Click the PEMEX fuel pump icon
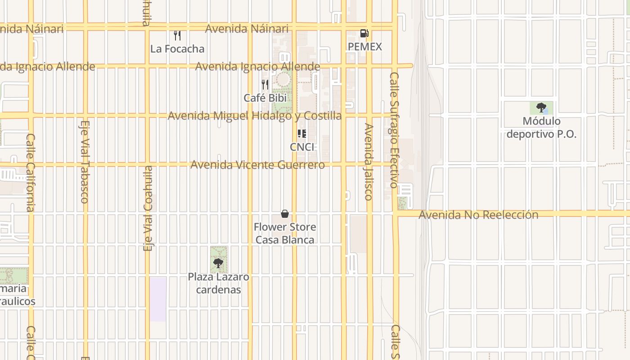pyautogui.click(x=364, y=33)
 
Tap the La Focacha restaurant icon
pyautogui.click(x=177, y=36)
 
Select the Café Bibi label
pyautogui.click(x=265, y=98)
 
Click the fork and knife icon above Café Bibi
pyautogui.click(x=265, y=84)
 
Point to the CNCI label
pyautogui.click(x=302, y=147)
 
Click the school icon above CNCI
pyautogui.click(x=302, y=134)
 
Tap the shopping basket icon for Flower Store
pyautogui.click(x=285, y=213)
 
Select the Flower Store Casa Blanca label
pyautogui.click(x=285, y=233)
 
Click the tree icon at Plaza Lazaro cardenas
pyautogui.click(x=218, y=263)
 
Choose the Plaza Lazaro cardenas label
pyautogui.click(x=218, y=283)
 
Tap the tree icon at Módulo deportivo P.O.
pyautogui.click(x=541, y=108)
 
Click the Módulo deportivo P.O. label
pyautogui.click(x=541, y=127)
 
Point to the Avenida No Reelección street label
pyautogui.click(x=478, y=215)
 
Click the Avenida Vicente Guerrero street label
pyautogui.click(x=257, y=165)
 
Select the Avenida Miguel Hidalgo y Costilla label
pyautogui.click(x=255, y=116)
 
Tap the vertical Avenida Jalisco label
pyautogui.click(x=369, y=162)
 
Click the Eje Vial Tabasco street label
pyautogui.click(x=85, y=162)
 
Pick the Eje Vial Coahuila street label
pyautogui.click(x=148, y=208)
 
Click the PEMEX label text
pyautogui.click(x=365, y=47)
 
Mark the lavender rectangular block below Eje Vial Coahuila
pyautogui.click(x=158, y=299)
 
